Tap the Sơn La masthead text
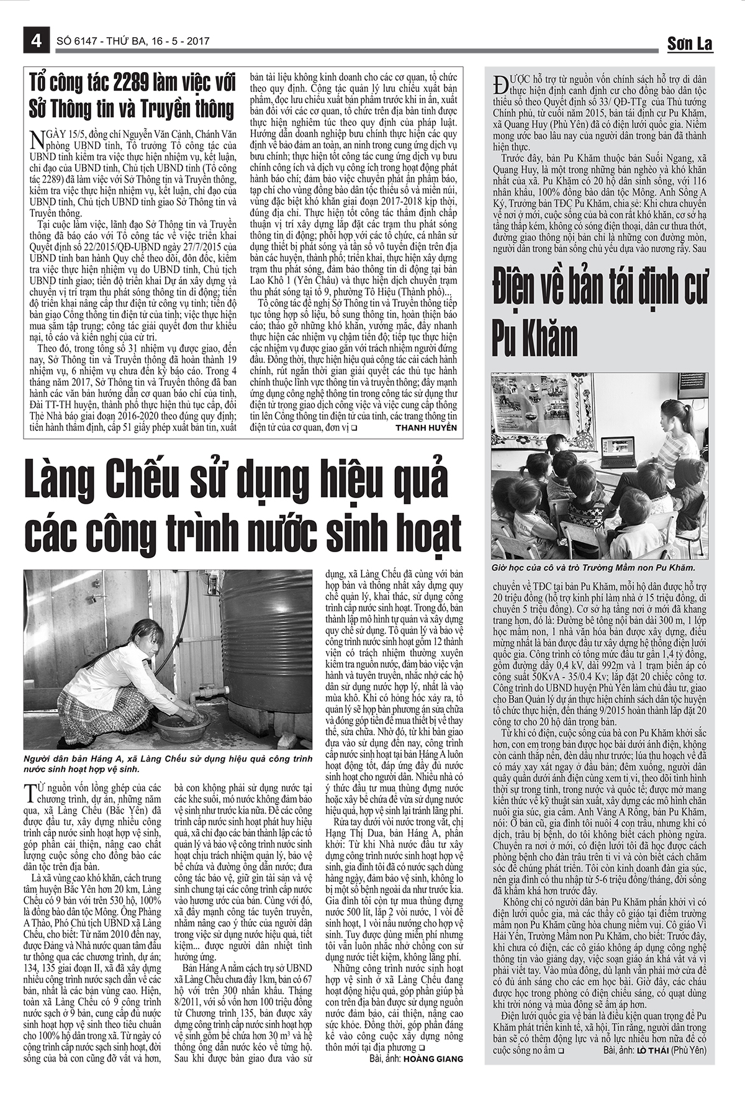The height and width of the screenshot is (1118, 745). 689,43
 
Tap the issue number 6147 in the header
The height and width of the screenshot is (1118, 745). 87,42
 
